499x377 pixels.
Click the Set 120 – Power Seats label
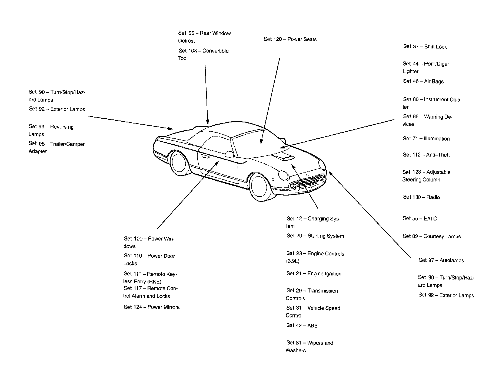(290, 39)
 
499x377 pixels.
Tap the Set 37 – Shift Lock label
(425, 47)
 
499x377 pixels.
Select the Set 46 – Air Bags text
(423, 81)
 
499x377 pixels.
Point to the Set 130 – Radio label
(421, 197)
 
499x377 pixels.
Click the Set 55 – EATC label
(420, 219)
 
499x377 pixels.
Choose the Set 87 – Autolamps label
(441, 260)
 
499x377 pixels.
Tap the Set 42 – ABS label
(302, 325)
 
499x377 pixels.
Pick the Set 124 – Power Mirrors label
(152, 307)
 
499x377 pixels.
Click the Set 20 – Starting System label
(315, 236)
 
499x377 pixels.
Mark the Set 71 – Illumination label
(426, 139)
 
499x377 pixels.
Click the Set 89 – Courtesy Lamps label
(432, 236)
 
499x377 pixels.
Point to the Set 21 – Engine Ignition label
(314, 274)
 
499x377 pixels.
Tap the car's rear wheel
(179, 163)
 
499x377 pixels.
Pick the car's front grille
(307, 182)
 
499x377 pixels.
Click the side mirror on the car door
(229, 154)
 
